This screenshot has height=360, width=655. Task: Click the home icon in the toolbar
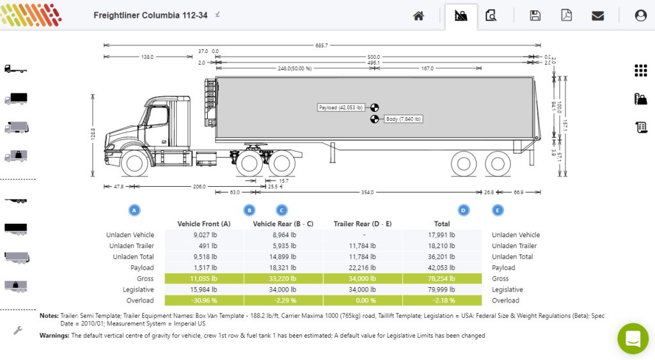tap(418, 16)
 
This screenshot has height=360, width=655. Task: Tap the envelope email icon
tap(597, 16)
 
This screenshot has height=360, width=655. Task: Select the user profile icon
tap(640, 16)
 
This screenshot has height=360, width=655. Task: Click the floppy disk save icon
tap(535, 16)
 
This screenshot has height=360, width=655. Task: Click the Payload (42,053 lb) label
tap(341, 107)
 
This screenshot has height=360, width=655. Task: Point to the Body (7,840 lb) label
tap(403, 119)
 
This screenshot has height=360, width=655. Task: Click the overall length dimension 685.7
tap(321, 45)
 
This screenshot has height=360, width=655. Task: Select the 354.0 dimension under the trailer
tap(367, 192)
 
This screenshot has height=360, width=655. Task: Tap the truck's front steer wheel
tap(134, 163)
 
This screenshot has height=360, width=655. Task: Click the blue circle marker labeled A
tap(134, 210)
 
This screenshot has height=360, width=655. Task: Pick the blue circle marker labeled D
tap(464, 210)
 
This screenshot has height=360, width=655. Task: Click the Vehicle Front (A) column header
tap(203, 224)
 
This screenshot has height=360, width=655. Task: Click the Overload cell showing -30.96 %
tap(203, 301)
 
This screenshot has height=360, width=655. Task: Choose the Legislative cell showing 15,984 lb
tap(203, 290)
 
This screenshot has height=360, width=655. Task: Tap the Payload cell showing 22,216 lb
tap(362, 268)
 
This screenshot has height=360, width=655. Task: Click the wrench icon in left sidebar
tap(18, 330)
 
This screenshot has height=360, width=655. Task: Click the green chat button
tap(633, 338)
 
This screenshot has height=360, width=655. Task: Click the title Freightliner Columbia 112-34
tap(150, 15)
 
